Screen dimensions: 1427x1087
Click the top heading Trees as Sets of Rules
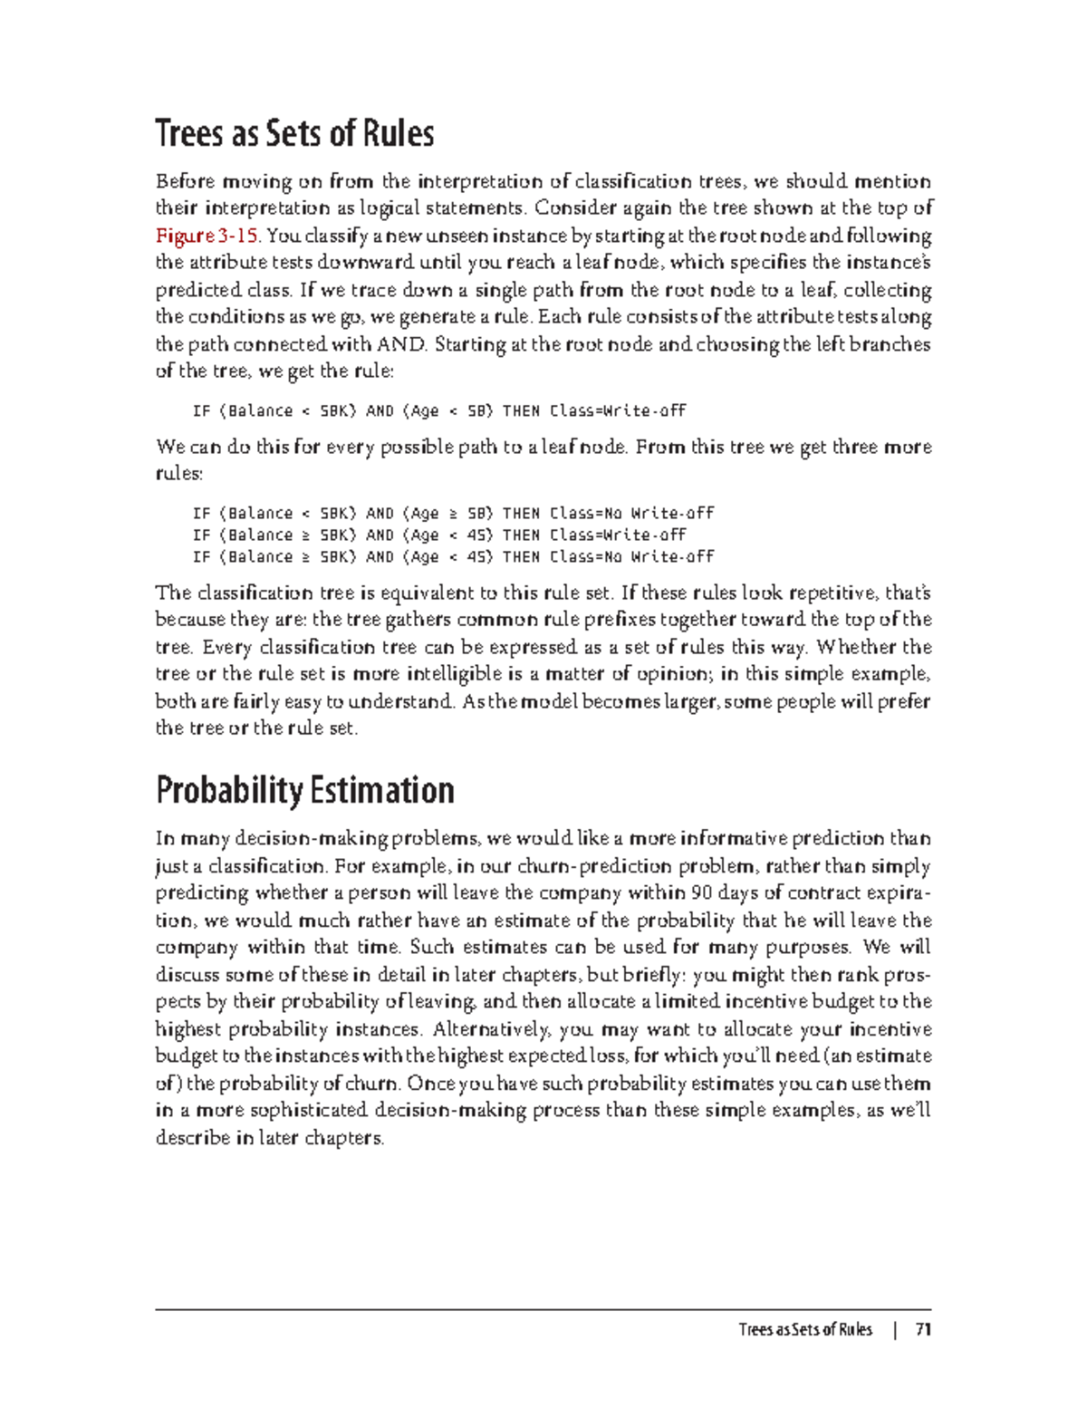point(294,133)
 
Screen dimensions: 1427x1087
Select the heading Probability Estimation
point(304,790)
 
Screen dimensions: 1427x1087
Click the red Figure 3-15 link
point(207,236)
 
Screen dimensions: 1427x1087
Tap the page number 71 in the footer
point(923,1330)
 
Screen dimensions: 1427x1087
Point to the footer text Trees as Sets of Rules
point(804,1330)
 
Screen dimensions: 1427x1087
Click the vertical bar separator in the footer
point(894,1330)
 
